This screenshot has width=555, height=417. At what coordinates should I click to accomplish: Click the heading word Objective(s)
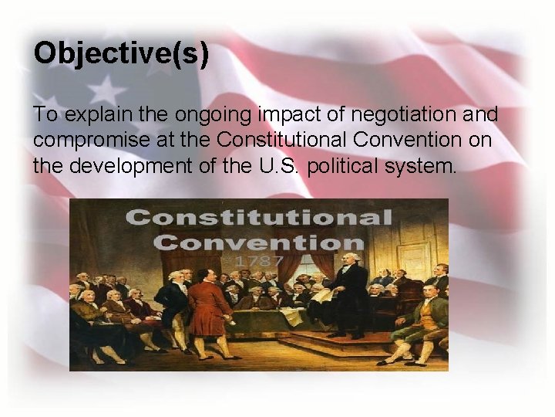coord(121,54)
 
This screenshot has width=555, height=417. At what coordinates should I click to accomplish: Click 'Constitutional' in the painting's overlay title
coord(258,217)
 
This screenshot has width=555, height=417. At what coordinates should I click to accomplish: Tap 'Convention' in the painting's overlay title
coord(258,242)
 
